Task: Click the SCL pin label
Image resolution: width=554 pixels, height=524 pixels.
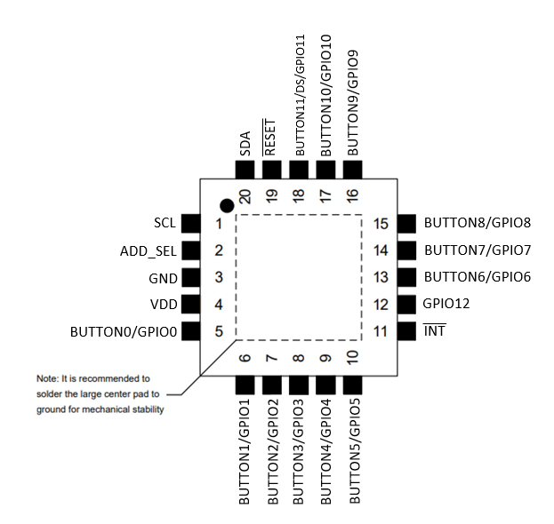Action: click(165, 223)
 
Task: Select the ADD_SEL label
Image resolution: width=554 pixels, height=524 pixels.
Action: click(148, 250)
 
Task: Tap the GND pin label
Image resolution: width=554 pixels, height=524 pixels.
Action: click(162, 278)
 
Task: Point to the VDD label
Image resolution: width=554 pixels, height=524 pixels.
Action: click(162, 306)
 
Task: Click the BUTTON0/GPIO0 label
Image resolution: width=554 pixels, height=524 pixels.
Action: click(124, 333)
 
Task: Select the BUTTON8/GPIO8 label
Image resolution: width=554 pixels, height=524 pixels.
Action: click(478, 223)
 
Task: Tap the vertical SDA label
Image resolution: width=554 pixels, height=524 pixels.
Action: click(245, 142)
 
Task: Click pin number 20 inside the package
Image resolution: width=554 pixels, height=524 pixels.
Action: click(245, 195)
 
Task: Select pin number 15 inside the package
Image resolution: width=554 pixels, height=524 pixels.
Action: click(381, 224)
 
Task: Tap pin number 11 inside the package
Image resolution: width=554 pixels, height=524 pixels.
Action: click(381, 333)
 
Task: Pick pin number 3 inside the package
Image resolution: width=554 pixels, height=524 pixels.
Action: click(218, 278)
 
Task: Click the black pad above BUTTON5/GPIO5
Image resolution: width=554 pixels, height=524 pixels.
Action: click(353, 385)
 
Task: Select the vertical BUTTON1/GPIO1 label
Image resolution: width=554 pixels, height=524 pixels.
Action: click(245, 453)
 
